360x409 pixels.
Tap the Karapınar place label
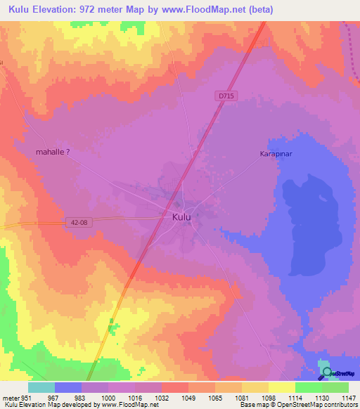(x=276, y=153)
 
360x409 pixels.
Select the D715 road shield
(x=224, y=94)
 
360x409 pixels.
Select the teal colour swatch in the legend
(x=41, y=387)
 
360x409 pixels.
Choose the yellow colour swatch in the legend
(x=281, y=387)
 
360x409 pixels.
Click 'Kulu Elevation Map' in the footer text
(x=27, y=405)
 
